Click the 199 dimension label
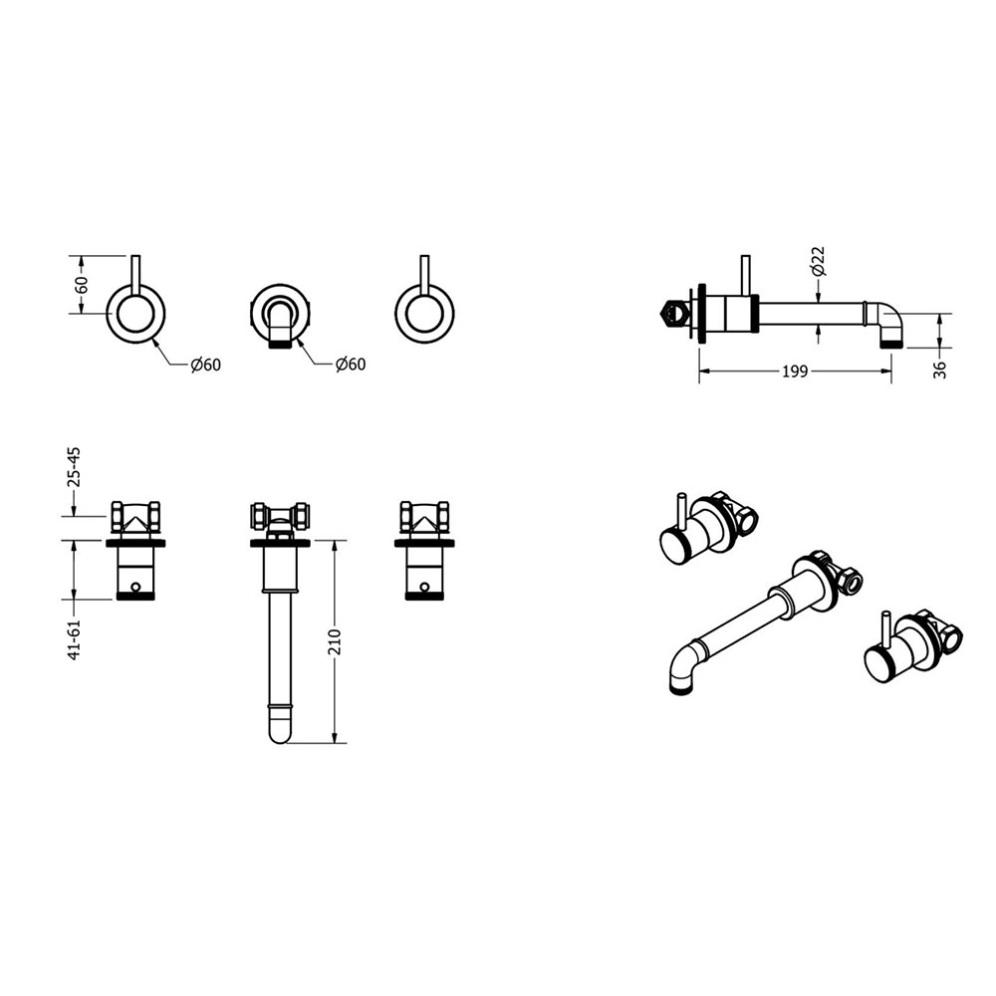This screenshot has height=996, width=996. coord(795,371)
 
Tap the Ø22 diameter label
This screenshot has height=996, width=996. coord(819,260)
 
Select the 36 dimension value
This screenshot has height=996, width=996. coord(941,370)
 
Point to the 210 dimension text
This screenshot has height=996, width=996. coord(336,641)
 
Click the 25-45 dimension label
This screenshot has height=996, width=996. coord(75,467)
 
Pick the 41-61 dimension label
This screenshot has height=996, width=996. coord(75,639)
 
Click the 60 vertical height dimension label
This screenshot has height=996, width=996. coord(82,284)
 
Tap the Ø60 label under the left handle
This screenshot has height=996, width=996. coord(205,366)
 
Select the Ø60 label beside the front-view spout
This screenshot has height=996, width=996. coord(351,364)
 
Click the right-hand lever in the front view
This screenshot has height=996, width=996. coord(424,276)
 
